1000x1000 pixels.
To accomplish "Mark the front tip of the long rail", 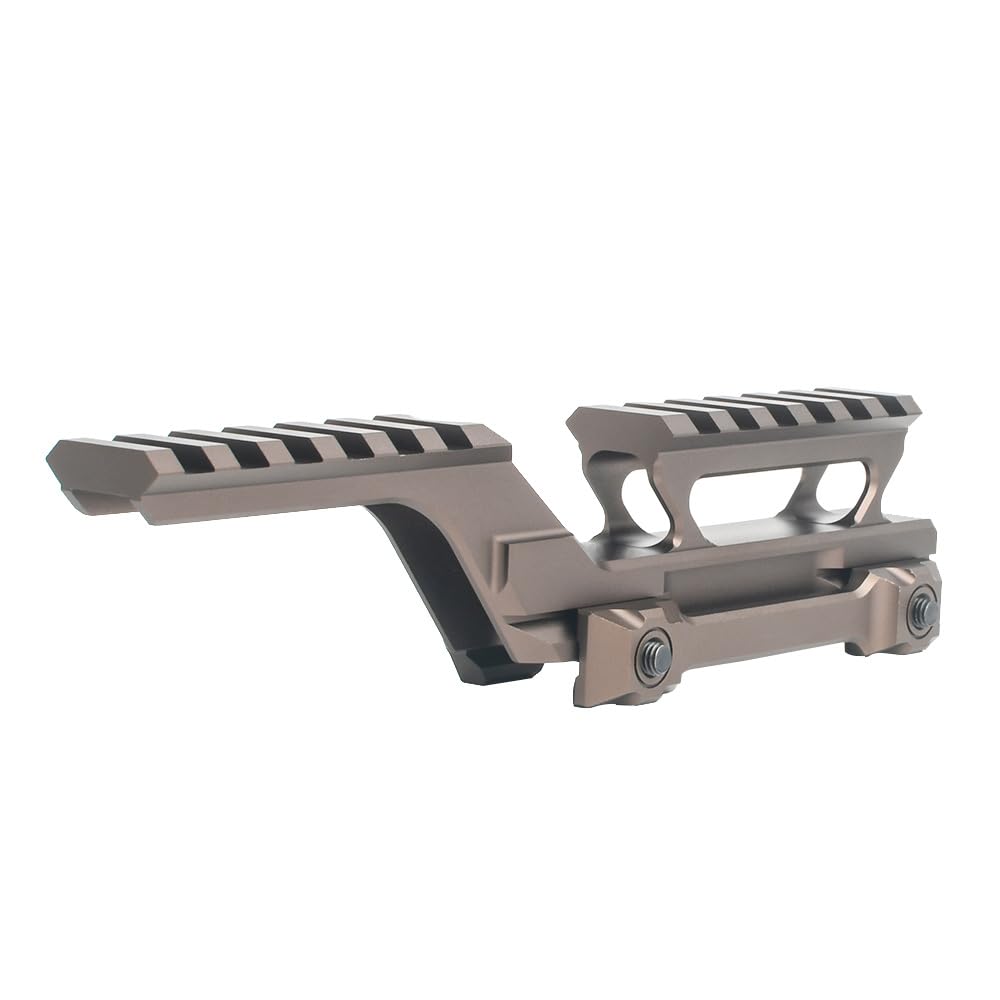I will tap(62, 455).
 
